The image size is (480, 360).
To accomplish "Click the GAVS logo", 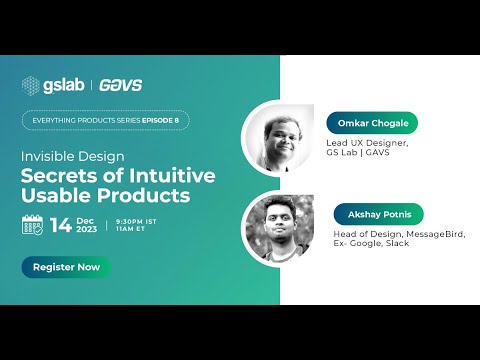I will (120, 84).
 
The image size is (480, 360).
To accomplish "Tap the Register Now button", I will (66, 267).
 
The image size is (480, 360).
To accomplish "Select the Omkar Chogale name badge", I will (372, 123).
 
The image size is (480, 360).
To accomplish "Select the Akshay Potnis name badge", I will (379, 214).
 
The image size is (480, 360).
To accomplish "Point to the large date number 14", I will (60, 224).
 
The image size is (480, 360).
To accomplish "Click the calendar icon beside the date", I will (33, 224).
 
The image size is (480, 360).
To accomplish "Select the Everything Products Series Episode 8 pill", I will (105, 120).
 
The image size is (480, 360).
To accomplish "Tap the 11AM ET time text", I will (131, 228).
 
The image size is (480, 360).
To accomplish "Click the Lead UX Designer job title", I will (367, 143).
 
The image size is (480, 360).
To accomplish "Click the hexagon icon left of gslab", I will (31, 84).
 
